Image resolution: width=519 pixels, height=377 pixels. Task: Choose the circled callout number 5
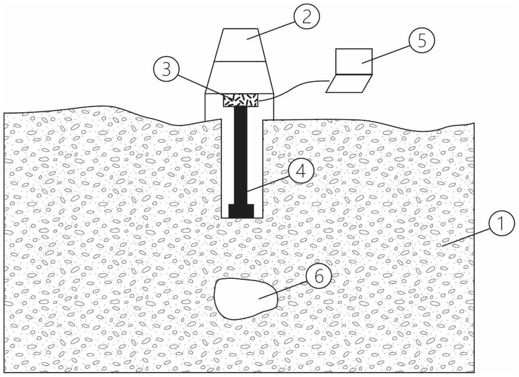point(422,41)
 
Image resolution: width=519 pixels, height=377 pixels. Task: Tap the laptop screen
point(354,61)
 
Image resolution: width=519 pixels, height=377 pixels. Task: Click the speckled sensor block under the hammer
point(240,100)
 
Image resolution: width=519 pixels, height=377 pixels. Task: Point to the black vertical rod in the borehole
point(240,154)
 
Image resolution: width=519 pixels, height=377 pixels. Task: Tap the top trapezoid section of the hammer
point(240,45)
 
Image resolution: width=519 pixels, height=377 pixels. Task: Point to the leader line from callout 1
point(467,237)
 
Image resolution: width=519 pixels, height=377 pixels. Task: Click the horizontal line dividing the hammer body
point(240,62)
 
